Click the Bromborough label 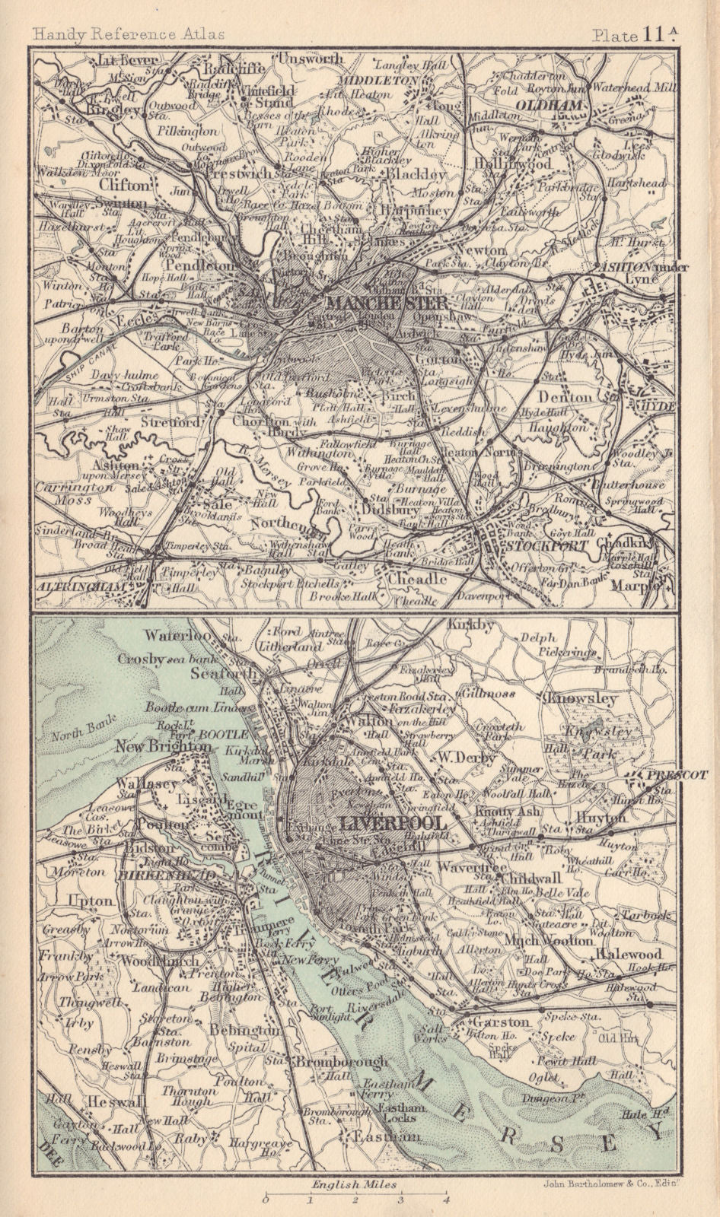[x=343, y=1060]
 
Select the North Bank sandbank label [x=74, y=736]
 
